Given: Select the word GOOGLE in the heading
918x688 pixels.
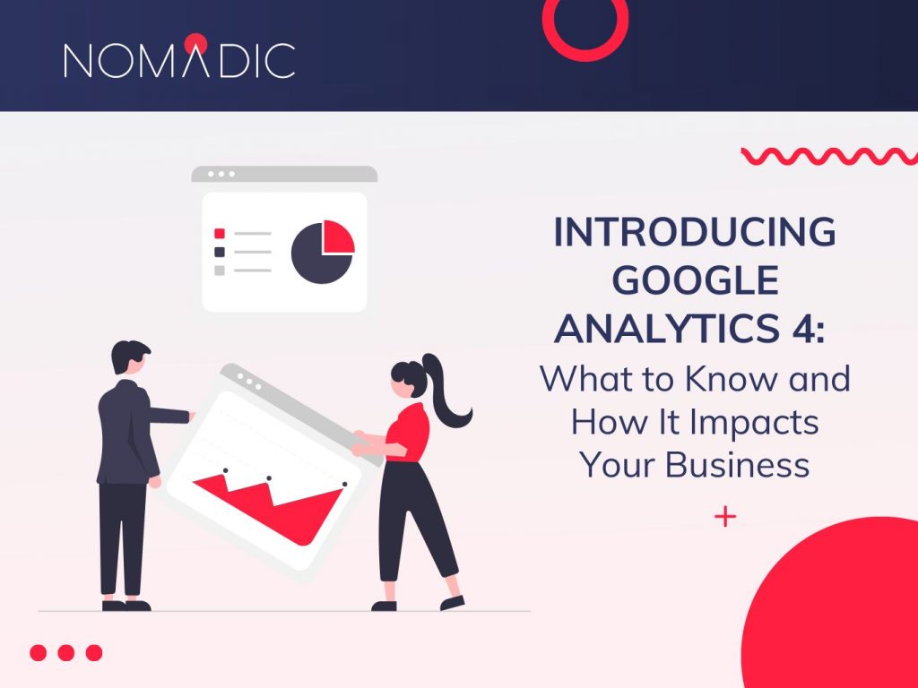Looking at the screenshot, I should click(695, 281).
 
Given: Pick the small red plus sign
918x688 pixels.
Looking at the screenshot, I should click(725, 517).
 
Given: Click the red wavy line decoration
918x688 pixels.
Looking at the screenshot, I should click(828, 156).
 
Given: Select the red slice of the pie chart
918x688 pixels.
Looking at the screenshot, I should click(338, 236).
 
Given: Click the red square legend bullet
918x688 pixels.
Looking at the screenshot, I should click(220, 234).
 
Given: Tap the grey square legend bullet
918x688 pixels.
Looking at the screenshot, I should click(220, 270).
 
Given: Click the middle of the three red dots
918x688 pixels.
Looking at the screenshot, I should click(65, 652).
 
